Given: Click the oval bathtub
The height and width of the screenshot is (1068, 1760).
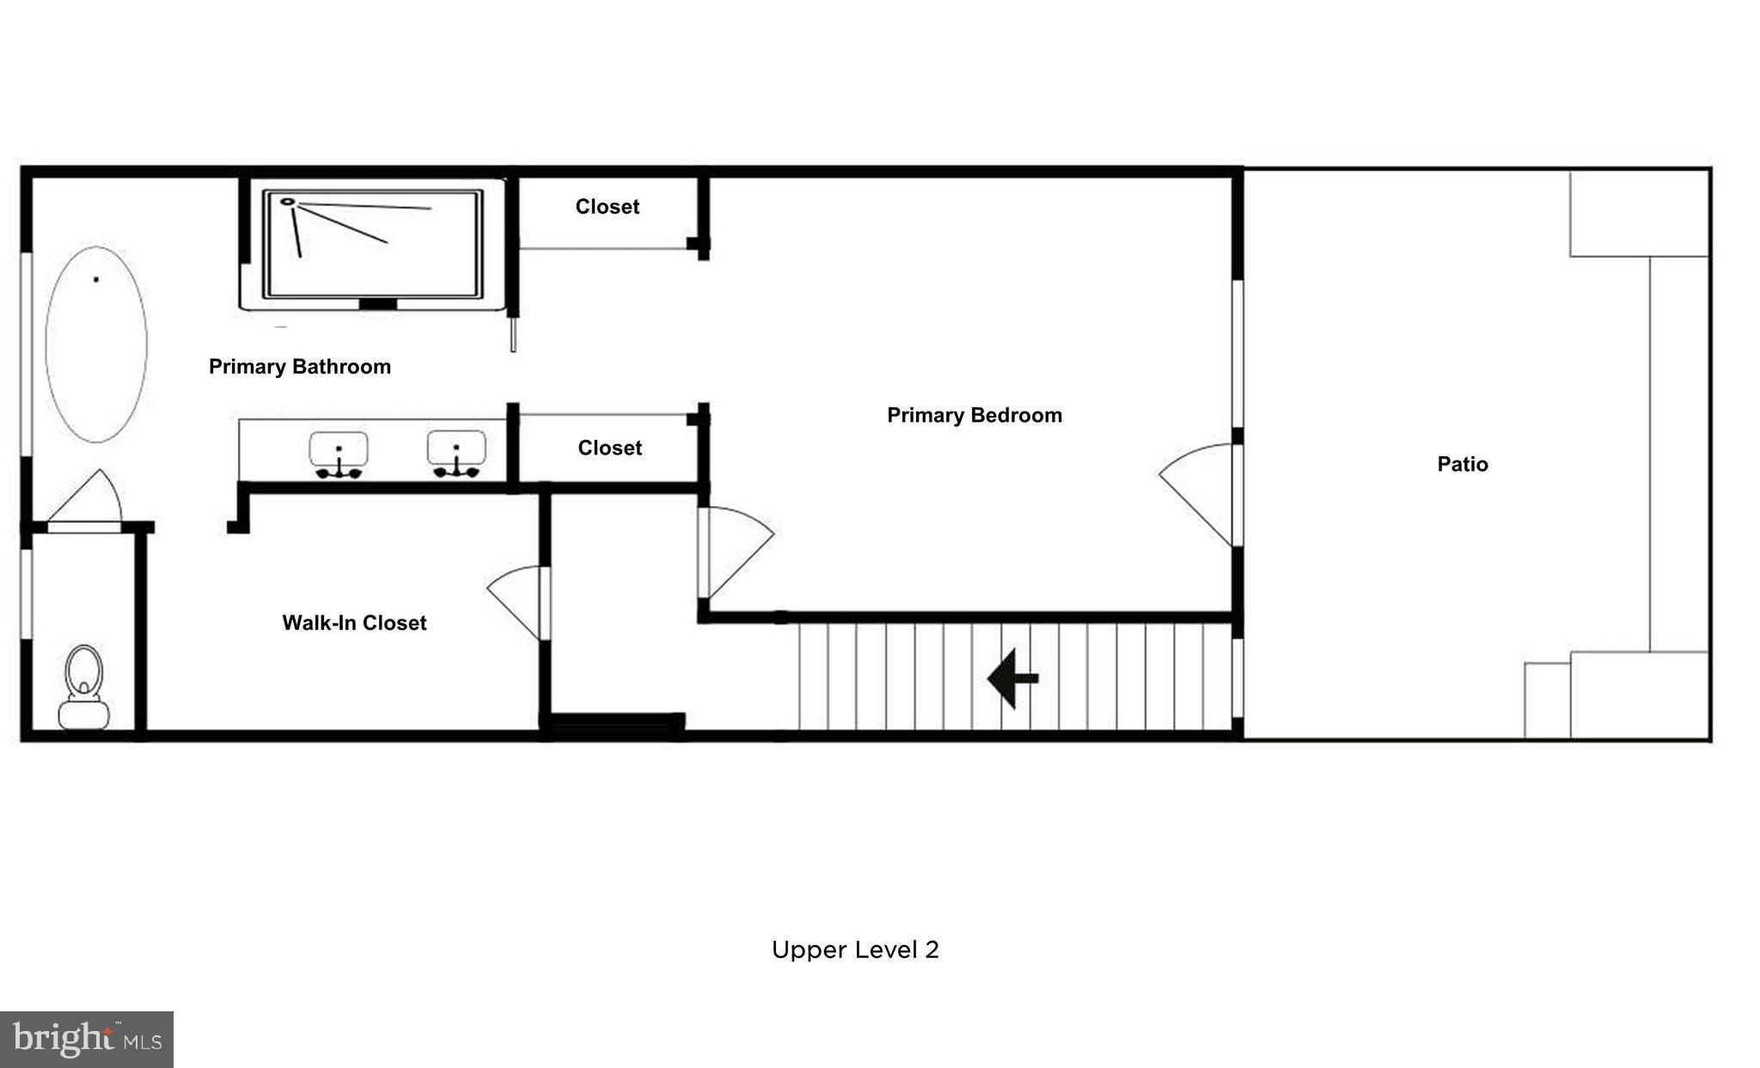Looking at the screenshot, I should [96, 345].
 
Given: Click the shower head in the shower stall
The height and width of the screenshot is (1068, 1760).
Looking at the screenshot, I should [288, 203].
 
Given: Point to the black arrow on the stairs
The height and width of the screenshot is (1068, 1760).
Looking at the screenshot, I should [1012, 678].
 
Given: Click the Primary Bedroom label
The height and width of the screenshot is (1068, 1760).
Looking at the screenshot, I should [974, 416].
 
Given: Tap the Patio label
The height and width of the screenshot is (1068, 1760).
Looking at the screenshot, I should [1462, 465].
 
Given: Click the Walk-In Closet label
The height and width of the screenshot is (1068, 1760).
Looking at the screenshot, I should [354, 623].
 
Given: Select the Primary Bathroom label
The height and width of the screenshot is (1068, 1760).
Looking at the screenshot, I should [300, 367].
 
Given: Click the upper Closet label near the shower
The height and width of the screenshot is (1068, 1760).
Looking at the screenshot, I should [607, 207].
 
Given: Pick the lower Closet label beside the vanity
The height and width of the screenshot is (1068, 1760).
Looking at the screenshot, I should [609, 449].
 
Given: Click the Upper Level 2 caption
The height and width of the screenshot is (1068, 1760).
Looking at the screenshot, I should [854, 949].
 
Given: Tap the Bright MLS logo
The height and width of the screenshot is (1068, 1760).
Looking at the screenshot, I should [87, 1039].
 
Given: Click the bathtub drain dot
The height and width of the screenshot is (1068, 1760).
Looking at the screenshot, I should [96, 279].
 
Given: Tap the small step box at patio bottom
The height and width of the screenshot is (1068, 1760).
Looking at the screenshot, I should [1547, 699].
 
